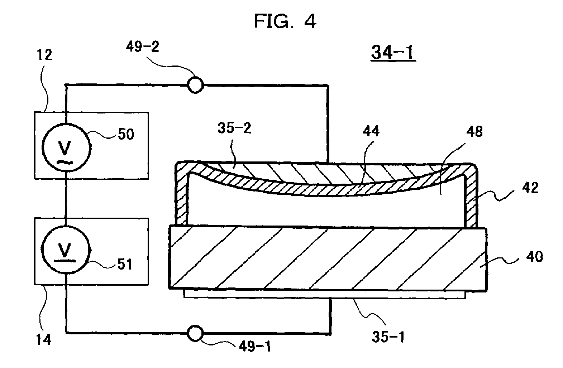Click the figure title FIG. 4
[285, 21]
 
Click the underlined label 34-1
[393, 53]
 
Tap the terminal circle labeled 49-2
[195, 86]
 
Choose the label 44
[371, 132]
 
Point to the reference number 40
[534, 256]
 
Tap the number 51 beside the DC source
[124, 265]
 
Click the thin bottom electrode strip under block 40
[324, 294]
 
